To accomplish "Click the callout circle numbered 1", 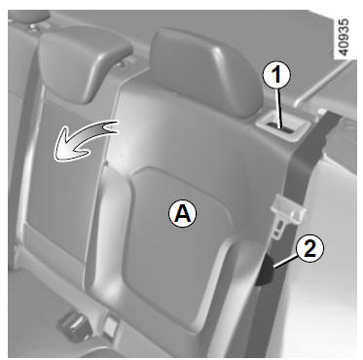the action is tap(276, 75).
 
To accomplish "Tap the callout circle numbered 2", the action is tap(309, 249).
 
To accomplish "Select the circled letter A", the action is tap(183, 213).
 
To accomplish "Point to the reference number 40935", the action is tap(344, 38).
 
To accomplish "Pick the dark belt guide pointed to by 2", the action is tap(265, 270).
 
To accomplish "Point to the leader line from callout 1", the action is tap(279, 108).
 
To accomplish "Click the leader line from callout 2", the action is tap(285, 262).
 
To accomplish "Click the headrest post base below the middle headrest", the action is tap(121, 63).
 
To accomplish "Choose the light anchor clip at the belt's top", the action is tap(322, 112).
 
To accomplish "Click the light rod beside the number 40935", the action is tap(324, 83).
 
